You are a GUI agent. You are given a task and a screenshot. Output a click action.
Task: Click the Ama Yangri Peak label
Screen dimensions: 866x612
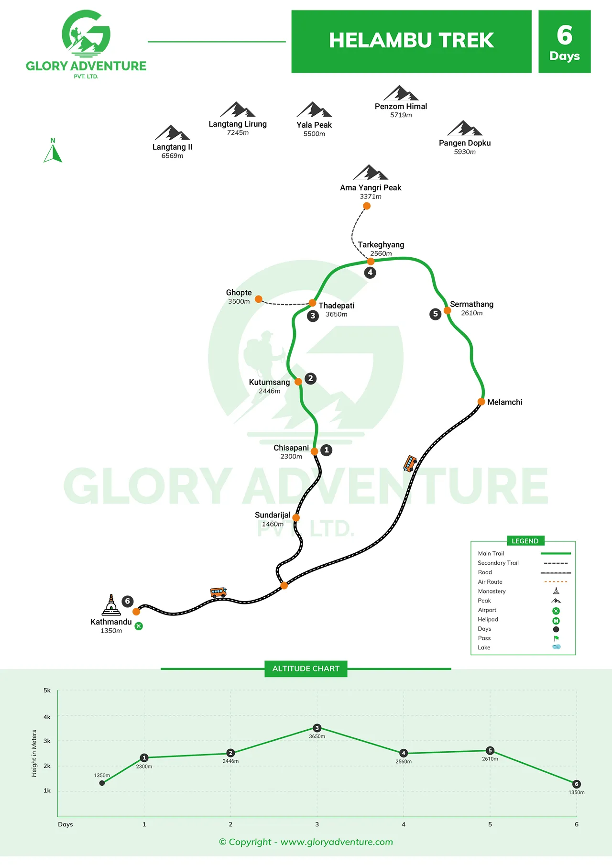pyautogui.click(x=371, y=187)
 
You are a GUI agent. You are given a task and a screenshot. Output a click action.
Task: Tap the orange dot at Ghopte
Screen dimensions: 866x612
pyautogui.click(x=259, y=299)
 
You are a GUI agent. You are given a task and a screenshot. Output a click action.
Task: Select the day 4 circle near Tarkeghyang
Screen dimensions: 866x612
pyautogui.click(x=370, y=273)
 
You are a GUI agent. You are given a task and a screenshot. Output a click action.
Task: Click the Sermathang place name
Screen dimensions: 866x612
pyautogui.click(x=471, y=304)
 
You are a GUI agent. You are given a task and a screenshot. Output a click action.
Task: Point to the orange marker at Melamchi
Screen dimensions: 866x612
pyautogui.click(x=481, y=402)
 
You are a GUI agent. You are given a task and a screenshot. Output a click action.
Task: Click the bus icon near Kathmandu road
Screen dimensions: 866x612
pyautogui.click(x=219, y=592)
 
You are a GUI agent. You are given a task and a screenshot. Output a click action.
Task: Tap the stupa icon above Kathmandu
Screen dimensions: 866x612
pyautogui.click(x=111, y=605)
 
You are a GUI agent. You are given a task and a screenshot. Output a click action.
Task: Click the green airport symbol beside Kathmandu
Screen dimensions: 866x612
pyautogui.click(x=139, y=626)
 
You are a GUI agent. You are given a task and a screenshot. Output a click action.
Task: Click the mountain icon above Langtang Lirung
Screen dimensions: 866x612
pyautogui.click(x=238, y=110)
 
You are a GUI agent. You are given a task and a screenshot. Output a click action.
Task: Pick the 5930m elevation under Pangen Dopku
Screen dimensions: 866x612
pyautogui.click(x=465, y=152)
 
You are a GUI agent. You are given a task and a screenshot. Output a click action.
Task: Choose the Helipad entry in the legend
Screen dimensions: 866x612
pyautogui.click(x=488, y=619)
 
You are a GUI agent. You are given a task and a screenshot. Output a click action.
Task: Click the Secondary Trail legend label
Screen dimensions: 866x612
pyautogui.click(x=498, y=563)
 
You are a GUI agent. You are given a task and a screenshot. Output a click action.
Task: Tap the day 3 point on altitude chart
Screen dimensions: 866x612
pyautogui.click(x=317, y=728)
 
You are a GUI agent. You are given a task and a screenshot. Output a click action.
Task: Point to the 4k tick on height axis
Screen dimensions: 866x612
pyautogui.click(x=47, y=717)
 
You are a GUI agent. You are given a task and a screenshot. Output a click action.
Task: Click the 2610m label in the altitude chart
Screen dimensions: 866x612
pyautogui.click(x=490, y=759)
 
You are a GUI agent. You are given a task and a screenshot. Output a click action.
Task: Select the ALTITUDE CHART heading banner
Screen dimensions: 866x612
pyautogui.click(x=306, y=669)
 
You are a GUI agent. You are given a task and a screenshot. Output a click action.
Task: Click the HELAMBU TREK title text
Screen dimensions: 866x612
pyautogui.click(x=411, y=41)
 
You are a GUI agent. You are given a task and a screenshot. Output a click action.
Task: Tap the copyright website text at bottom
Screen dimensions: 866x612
pyautogui.click(x=306, y=842)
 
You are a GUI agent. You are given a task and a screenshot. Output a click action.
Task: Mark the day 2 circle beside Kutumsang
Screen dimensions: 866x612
pyautogui.click(x=310, y=379)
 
